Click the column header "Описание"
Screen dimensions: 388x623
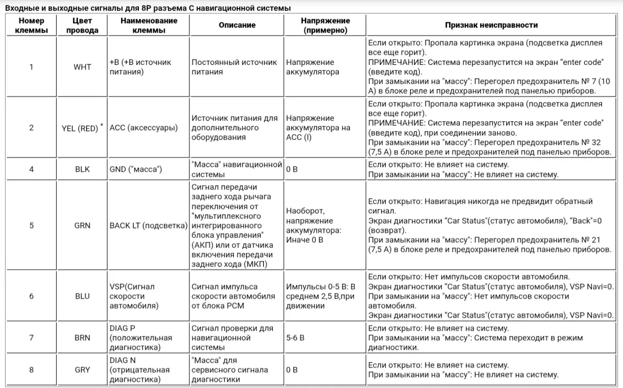coord(237,25)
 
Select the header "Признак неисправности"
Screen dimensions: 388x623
coord(491,25)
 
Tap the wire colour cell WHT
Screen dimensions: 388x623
coord(82,67)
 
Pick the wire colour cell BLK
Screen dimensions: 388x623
coord(82,170)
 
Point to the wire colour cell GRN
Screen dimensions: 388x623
coord(82,225)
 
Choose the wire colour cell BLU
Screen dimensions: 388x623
coord(82,296)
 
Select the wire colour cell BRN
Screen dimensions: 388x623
coord(82,338)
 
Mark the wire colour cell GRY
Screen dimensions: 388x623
coord(82,370)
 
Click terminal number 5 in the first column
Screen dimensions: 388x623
coord(32,225)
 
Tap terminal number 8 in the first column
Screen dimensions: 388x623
coord(32,370)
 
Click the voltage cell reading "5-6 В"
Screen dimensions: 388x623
coord(295,338)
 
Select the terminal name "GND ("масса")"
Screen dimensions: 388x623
coord(136,170)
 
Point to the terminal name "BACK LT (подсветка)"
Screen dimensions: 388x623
coord(148,225)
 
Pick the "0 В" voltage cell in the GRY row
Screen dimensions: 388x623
coord(292,370)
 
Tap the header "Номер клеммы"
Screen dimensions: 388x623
coord(32,25)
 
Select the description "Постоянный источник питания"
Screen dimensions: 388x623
coord(234,67)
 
